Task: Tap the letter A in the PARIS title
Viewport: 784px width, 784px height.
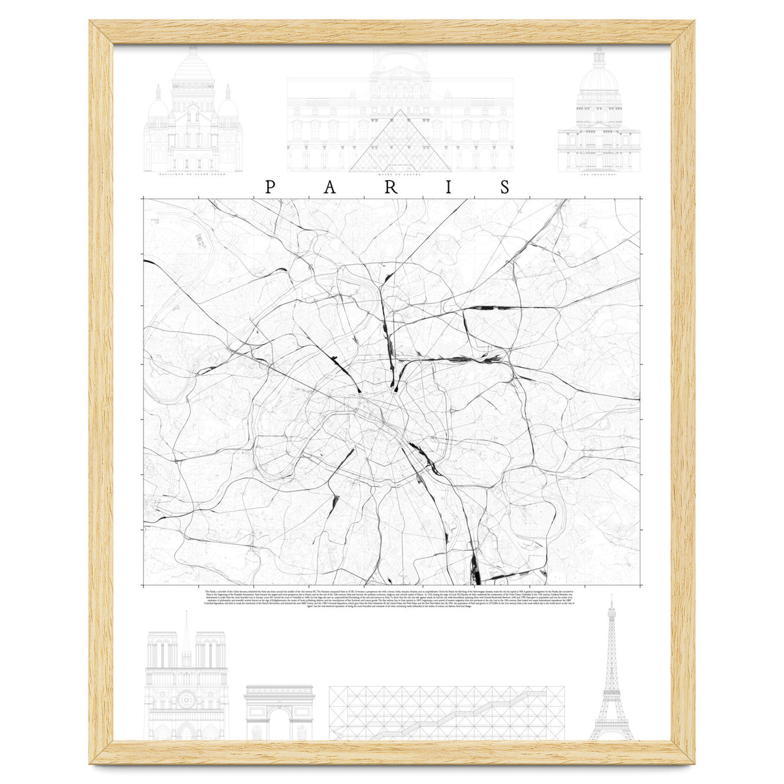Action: pyautogui.click(x=330, y=188)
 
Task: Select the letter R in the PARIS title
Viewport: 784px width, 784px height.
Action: pyautogui.click(x=391, y=188)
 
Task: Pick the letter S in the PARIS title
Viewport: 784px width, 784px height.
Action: pyautogui.click(x=505, y=188)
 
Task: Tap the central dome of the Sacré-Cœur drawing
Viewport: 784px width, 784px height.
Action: pyautogui.click(x=192, y=69)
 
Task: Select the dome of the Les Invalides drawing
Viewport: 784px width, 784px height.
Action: pyautogui.click(x=598, y=78)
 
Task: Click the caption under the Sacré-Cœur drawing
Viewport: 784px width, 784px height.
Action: pyautogui.click(x=193, y=175)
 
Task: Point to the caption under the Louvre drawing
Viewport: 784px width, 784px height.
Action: pyautogui.click(x=399, y=175)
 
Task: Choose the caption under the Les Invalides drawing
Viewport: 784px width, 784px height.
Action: pyautogui.click(x=598, y=175)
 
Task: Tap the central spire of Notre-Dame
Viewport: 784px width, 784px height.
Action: pyautogui.click(x=187, y=630)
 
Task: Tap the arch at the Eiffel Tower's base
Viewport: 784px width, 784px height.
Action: pyautogui.click(x=612, y=732)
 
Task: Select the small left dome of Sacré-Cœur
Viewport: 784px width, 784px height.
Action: pyautogui.click(x=158, y=108)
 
